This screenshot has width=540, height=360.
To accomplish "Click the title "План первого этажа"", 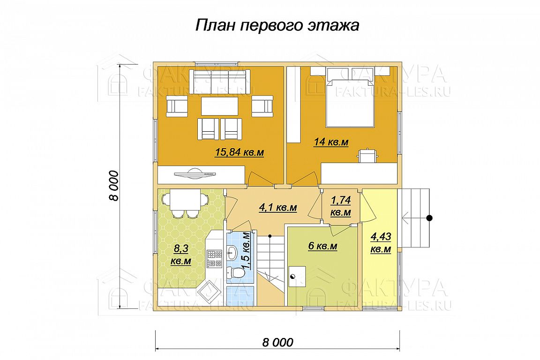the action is click(277, 25).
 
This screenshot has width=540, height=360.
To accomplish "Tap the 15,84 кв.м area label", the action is click(240, 152).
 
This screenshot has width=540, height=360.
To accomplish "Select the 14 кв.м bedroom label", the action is click(331, 142).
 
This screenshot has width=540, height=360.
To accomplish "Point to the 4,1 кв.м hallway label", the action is click(278, 208).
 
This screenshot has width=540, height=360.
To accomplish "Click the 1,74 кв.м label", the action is click(341, 206).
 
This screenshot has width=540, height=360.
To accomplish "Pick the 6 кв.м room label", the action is click(322, 246).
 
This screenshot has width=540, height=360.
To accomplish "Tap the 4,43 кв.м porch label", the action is click(381, 243).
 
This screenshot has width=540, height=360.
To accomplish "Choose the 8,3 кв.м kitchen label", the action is click(181, 255).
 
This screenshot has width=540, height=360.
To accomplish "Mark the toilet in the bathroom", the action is click(237, 272).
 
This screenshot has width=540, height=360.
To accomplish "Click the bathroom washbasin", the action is click(232, 253).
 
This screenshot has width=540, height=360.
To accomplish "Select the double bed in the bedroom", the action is click(350, 102).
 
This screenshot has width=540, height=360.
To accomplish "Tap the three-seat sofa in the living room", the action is click(219, 81).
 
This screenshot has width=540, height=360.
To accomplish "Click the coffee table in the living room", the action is click(220, 106).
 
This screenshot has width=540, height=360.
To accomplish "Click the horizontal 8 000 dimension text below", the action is click(278, 343).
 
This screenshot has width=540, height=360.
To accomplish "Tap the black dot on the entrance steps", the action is click(429, 217).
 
